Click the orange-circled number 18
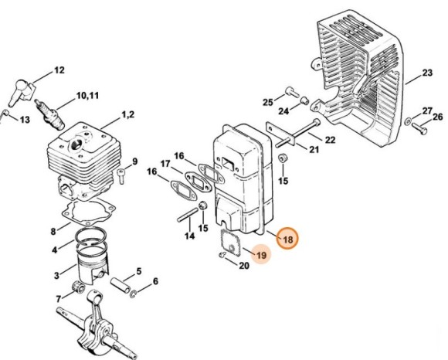pos(287,239)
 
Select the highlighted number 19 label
pos(261,255)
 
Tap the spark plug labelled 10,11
pos(49,115)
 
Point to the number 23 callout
pos(427,73)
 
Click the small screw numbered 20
pos(222,254)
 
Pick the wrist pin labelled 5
pos(120,285)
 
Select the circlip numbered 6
pos(134,294)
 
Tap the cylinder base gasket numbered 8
pos(88,212)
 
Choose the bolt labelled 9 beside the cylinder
pos(121,176)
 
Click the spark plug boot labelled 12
pos(22,91)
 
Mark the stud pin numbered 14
pos(188,215)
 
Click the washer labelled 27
pos(408,121)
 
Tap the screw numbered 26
pos(419,129)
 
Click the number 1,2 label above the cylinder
pos(128,114)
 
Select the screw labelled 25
pos(292,91)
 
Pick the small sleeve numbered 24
pos(304,100)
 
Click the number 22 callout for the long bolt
pos(331,140)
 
